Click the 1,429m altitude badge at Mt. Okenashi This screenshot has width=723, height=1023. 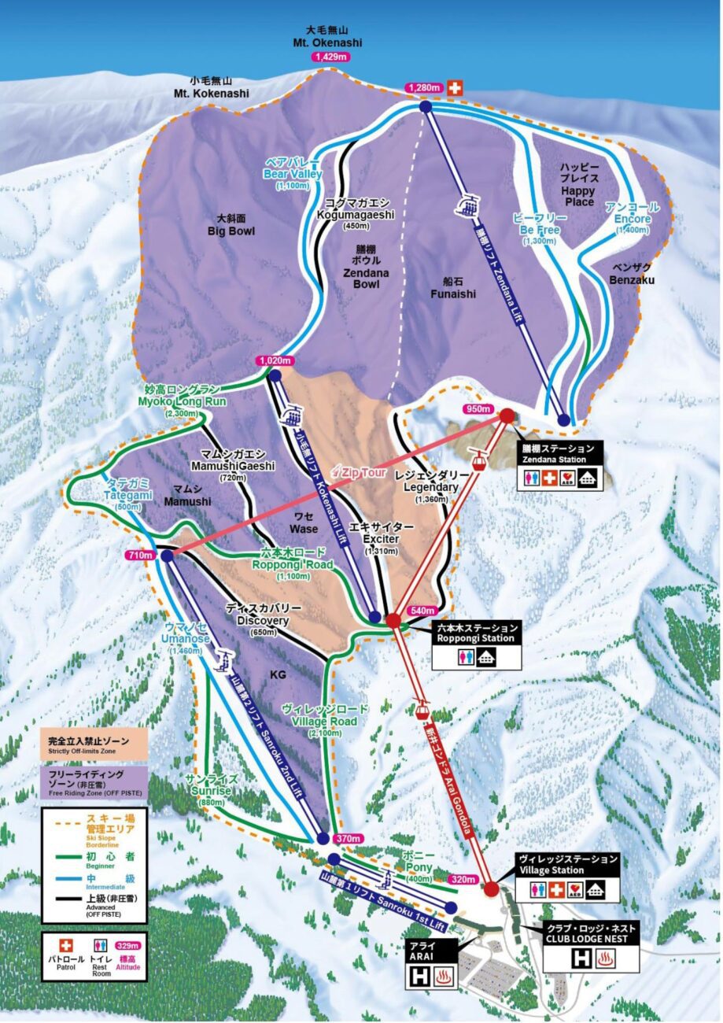point(331,57)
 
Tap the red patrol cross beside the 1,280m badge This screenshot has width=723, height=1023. point(455,88)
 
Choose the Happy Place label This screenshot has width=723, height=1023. point(579,185)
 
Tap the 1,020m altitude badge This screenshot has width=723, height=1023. point(275,360)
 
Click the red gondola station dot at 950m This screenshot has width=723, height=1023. point(507,415)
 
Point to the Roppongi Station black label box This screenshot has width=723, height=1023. point(478,633)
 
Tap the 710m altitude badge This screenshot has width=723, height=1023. point(139,556)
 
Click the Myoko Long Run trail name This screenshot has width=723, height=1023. point(185,396)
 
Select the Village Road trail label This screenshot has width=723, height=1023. point(324,716)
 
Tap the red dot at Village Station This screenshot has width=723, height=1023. point(492,889)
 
